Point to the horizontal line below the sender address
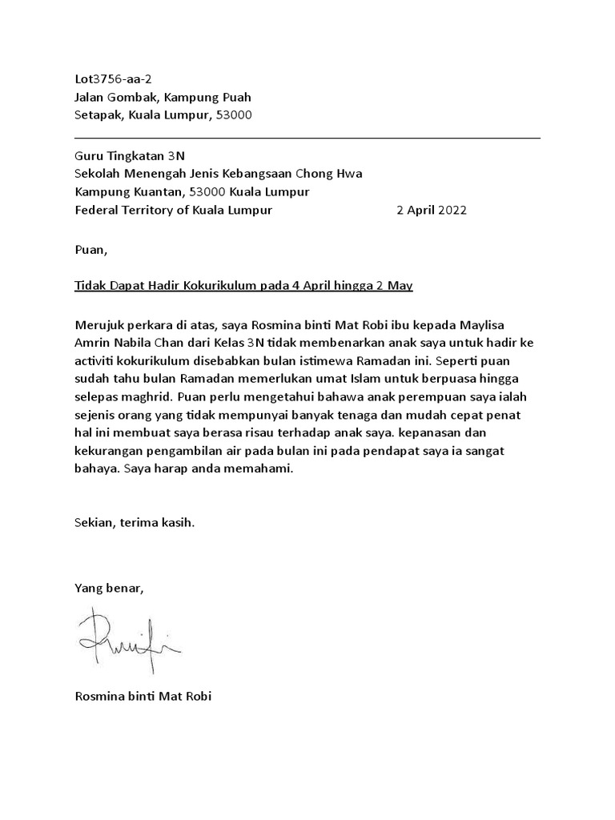(307, 138)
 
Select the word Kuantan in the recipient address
(157, 192)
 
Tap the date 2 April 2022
(432, 210)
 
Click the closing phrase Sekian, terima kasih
(135, 523)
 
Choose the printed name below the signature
(143, 696)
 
